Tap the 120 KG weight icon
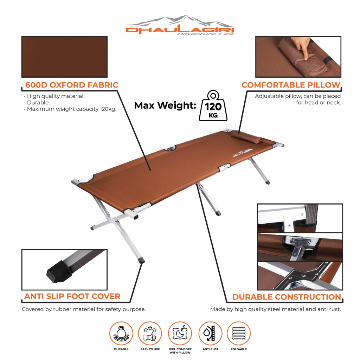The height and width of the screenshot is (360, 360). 213,106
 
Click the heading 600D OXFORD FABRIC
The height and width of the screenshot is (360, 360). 72,85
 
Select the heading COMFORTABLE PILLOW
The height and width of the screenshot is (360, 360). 291,85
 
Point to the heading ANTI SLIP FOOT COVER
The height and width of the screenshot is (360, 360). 72,296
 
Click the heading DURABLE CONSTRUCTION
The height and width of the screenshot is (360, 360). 287,297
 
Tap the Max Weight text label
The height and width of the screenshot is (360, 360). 165,105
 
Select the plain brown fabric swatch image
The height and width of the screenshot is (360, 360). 64,57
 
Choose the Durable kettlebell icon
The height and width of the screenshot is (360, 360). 121,334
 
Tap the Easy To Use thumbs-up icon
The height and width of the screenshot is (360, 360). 150,334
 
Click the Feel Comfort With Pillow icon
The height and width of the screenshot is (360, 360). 180,334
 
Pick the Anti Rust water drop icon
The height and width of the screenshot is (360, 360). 210,334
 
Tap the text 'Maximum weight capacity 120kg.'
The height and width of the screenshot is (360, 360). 71,109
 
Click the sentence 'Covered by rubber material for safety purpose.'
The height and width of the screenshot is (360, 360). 84,309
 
